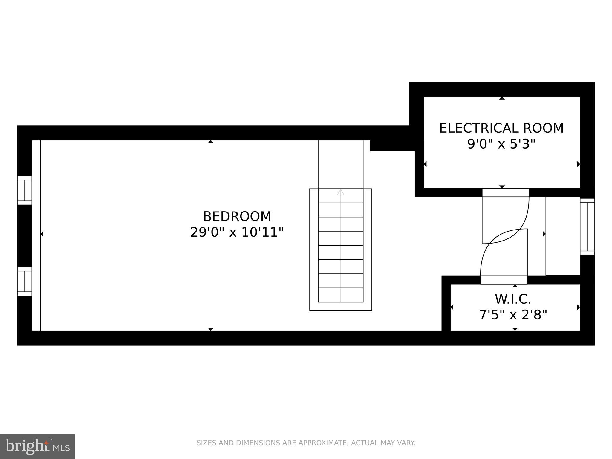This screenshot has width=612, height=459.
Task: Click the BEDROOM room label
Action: click(237, 216)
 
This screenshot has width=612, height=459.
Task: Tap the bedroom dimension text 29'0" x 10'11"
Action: click(237, 232)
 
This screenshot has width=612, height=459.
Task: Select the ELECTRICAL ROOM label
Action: click(501, 128)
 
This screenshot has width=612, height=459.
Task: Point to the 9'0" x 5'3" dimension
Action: click(501, 144)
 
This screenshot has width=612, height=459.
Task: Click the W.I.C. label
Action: click(513, 299)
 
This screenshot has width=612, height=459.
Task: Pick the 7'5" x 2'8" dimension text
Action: click(513, 315)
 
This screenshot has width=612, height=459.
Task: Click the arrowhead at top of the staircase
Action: click(341, 192)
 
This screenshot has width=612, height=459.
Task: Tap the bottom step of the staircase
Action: click(341, 295)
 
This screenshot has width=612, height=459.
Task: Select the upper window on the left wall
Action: click(25, 190)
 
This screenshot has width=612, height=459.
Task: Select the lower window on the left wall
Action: click(25, 281)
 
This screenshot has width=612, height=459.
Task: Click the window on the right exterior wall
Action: click(587, 227)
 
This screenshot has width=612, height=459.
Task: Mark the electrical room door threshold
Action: click(505, 192)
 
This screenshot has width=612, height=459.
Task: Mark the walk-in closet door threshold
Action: click(504, 280)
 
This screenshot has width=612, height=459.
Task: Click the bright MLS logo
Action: click(37, 446)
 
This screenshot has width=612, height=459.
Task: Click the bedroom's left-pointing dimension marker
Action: click(42, 234)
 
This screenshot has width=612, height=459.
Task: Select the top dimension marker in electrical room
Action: click(502, 98)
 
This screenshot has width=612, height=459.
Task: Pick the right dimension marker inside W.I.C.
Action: click(578, 307)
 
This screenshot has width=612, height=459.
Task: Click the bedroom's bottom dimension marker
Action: click(211, 329)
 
